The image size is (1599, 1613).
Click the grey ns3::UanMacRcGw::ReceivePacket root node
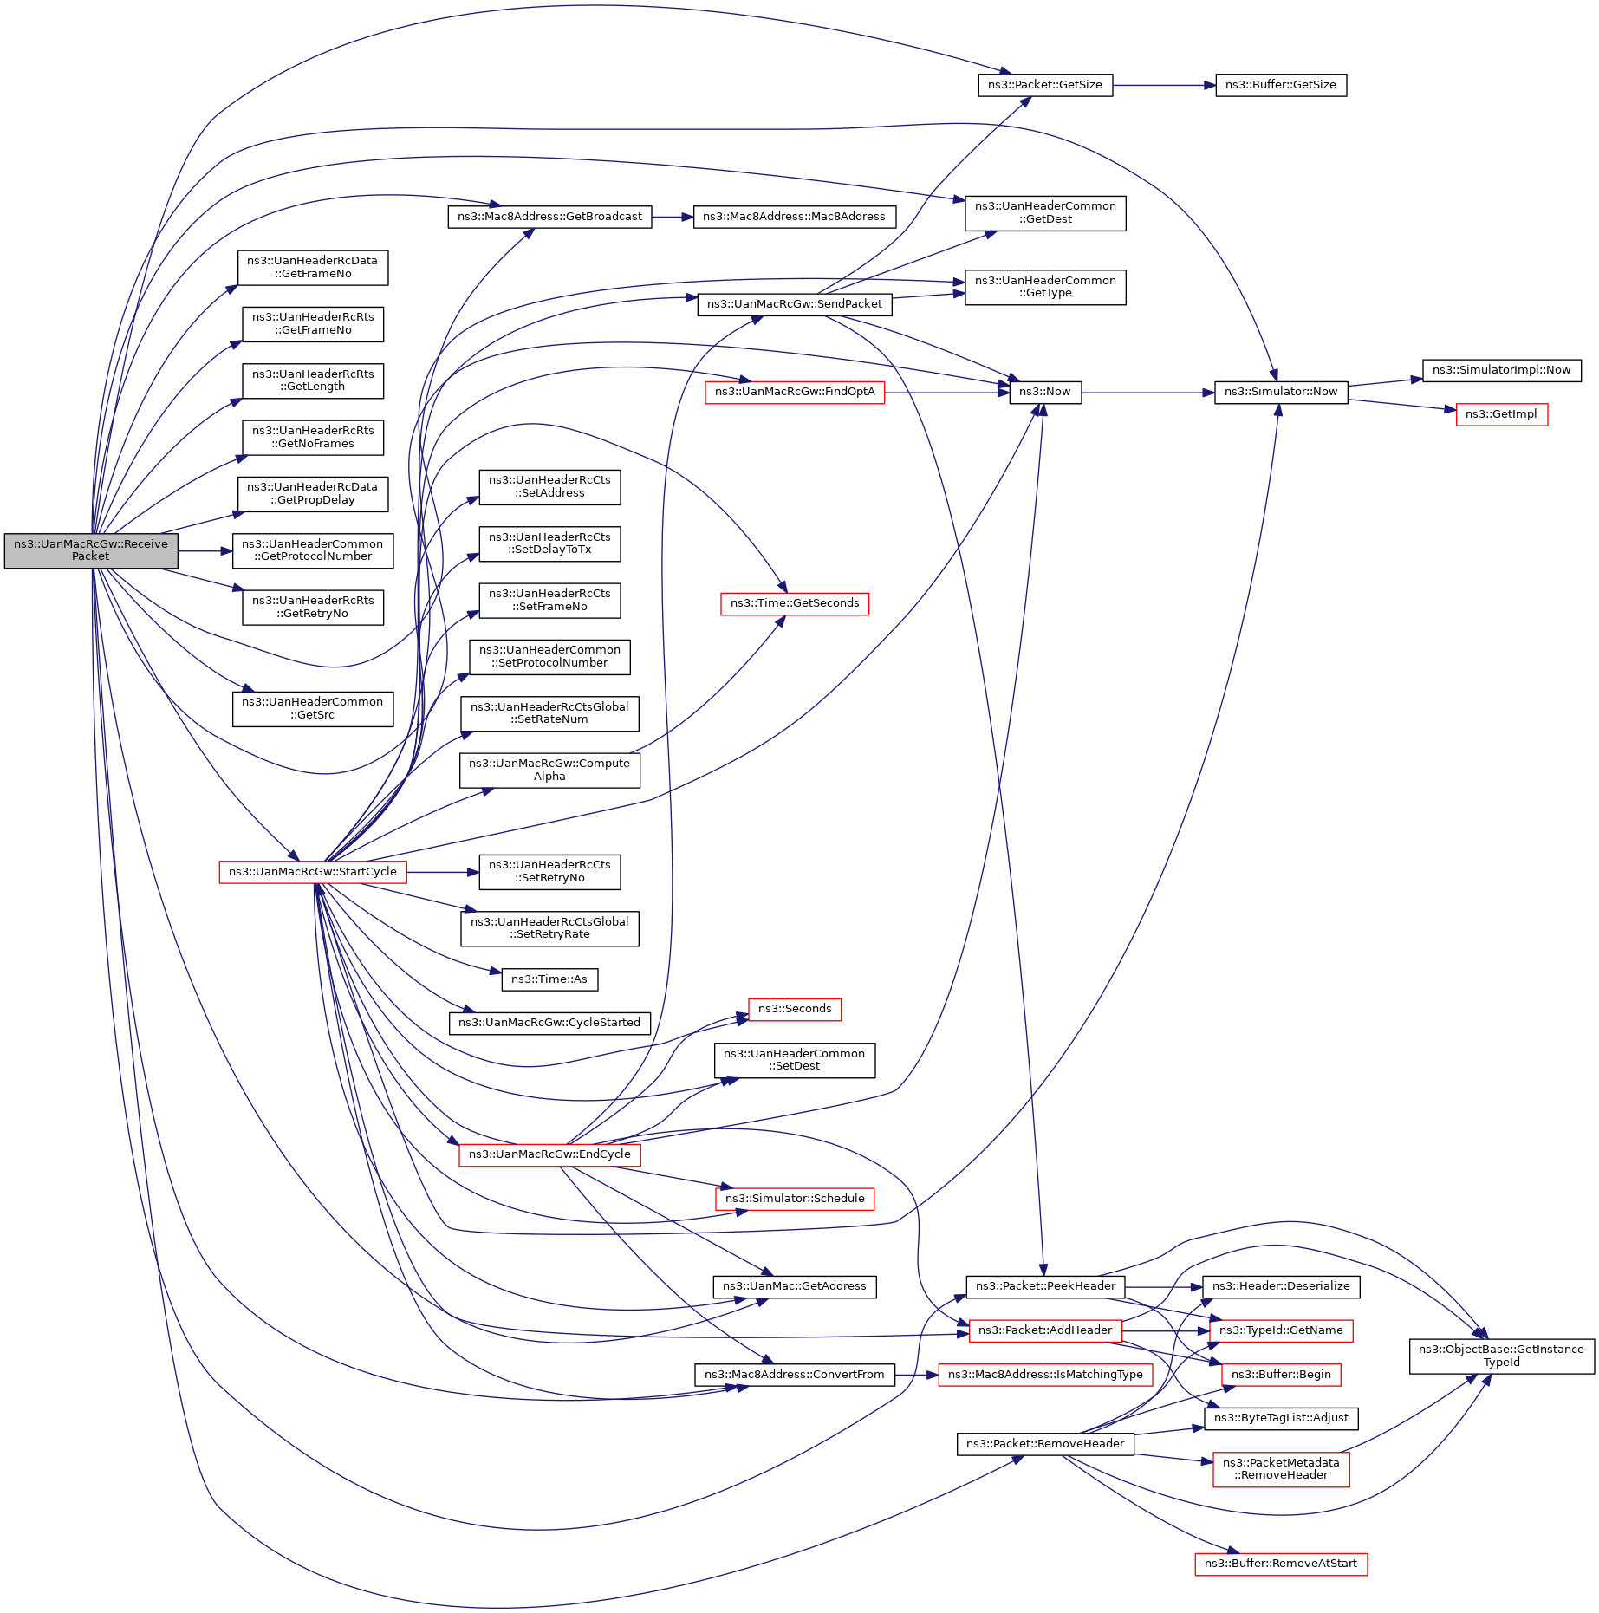coord(91,550)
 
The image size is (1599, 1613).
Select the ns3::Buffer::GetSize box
coord(1280,85)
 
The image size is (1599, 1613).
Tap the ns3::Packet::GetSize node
coord(1044,85)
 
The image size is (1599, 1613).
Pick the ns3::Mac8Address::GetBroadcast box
coord(549,217)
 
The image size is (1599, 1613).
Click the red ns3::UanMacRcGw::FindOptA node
coord(794,392)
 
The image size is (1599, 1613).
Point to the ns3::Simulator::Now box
coord(1280,392)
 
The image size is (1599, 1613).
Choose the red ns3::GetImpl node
coord(1501,414)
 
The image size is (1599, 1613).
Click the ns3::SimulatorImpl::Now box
coord(1501,370)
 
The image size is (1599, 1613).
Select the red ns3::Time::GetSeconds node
coord(794,603)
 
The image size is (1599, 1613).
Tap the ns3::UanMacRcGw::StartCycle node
coord(312,872)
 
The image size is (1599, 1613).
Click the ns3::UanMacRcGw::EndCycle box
coord(549,1154)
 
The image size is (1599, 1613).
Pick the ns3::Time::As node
coord(549,979)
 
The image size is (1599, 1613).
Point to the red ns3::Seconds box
coord(794,1009)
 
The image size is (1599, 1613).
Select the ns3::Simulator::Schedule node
coord(794,1199)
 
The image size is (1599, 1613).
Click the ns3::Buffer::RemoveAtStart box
coord(1280,1564)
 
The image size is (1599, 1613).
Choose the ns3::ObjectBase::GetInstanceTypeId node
coord(1501,1356)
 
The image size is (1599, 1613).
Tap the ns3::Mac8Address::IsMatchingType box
coord(1044,1375)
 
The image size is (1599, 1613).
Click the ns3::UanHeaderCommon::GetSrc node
coord(312,708)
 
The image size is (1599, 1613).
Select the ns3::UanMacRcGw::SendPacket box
coord(794,304)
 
